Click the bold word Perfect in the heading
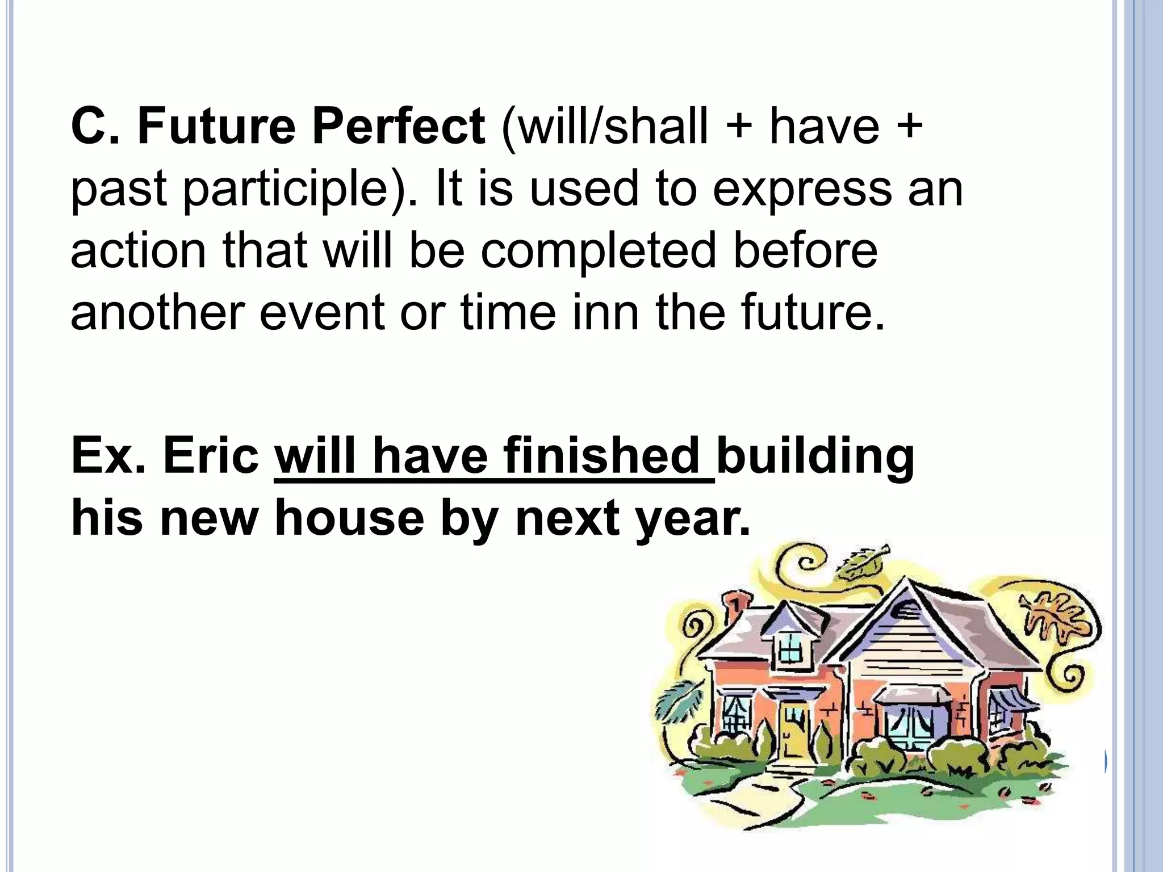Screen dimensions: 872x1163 [398, 126]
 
